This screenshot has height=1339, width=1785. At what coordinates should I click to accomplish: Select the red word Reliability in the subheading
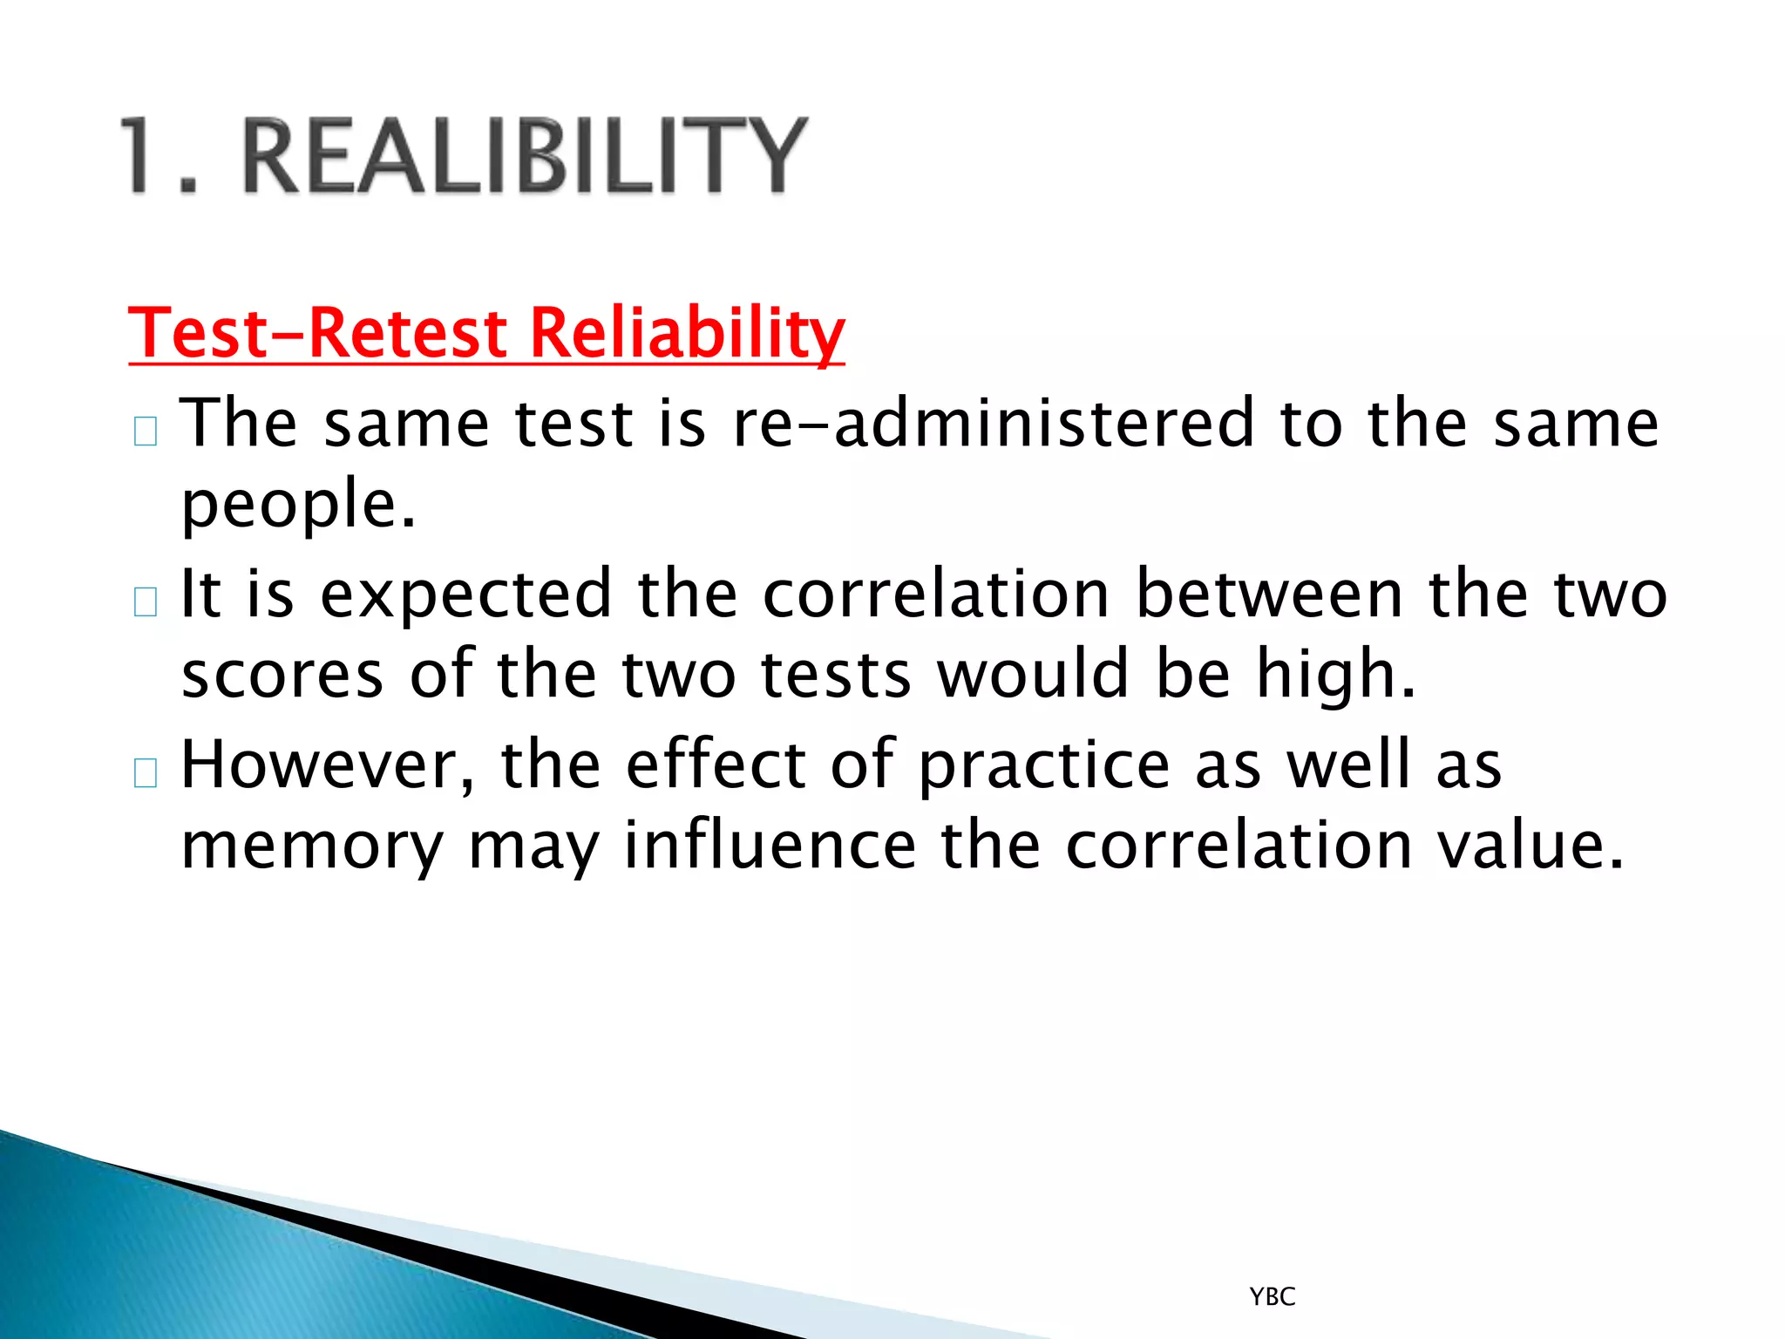pyautogui.click(x=687, y=334)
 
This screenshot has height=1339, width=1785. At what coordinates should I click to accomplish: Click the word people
pyautogui.click(x=298, y=506)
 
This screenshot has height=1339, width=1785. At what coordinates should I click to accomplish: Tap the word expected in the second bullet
pyautogui.click(x=466, y=595)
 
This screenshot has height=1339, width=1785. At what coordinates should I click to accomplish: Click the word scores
pyautogui.click(x=282, y=676)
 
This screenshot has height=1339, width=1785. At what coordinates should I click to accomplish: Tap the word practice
pyautogui.click(x=1043, y=765)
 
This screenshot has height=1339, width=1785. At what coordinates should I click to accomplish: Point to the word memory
pyautogui.click(x=312, y=846)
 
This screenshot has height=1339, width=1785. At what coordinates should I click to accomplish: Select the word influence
pyautogui.click(x=770, y=846)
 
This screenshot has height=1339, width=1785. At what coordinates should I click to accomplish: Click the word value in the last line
pyautogui.click(x=1530, y=846)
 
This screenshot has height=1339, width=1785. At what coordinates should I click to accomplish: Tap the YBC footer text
pyautogui.click(x=1272, y=1297)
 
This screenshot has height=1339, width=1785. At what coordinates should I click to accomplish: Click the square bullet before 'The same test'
pyautogui.click(x=146, y=432)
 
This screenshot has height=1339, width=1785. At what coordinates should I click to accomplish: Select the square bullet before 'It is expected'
pyautogui.click(x=146, y=602)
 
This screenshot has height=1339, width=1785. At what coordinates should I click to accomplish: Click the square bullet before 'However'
pyautogui.click(x=146, y=773)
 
